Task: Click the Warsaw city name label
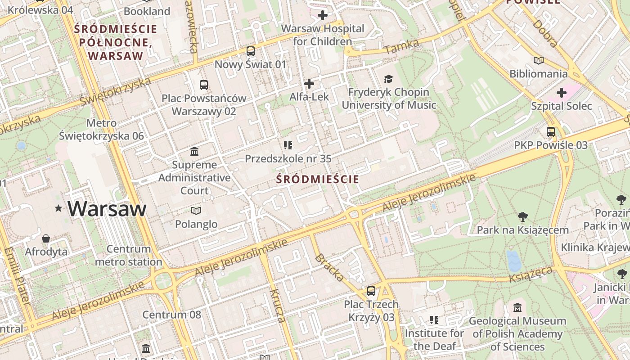point(107,209)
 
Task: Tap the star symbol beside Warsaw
point(58,208)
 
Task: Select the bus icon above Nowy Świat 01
point(250,51)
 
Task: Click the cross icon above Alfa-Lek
point(309,84)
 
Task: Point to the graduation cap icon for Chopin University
point(388,79)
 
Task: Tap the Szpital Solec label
point(561,106)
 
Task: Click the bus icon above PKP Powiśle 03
point(551,132)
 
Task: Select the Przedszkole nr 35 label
point(288,158)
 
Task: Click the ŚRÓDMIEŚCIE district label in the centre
point(318,179)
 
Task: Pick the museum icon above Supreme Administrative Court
point(194,151)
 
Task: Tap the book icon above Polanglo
point(196,210)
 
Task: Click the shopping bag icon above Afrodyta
point(46,238)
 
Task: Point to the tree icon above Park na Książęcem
point(522,217)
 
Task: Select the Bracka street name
point(329,267)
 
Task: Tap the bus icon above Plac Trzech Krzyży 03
point(371,291)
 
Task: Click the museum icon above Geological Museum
point(517,308)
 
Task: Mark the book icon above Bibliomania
point(538,60)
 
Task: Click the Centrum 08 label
point(172,315)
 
